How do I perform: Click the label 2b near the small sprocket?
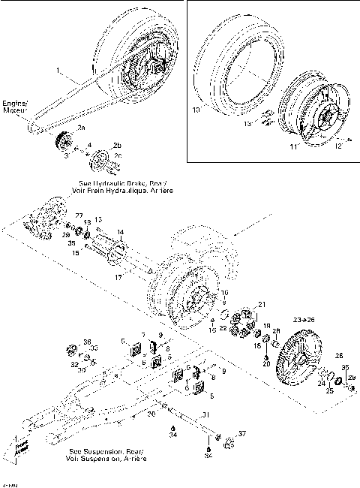point(116,143)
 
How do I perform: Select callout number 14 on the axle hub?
point(121,233)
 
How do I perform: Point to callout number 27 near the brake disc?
point(79,216)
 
